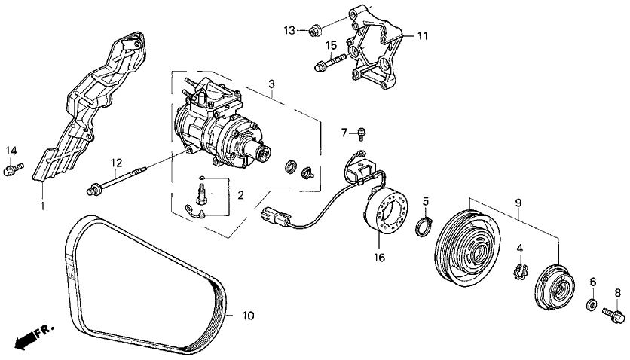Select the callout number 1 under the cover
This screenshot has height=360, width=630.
pyautogui.click(x=42, y=205)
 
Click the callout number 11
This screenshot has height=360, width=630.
pyautogui.click(x=422, y=35)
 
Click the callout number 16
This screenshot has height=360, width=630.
pyautogui.click(x=379, y=258)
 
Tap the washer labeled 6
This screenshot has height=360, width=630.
pyautogui.click(x=592, y=305)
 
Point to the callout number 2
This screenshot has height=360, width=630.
pyautogui.click(x=240, y=196)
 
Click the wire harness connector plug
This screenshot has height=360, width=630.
pyautogui.click(x=271, y=216)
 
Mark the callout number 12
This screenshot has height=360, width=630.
pyautogui.click(x=116, y=163)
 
